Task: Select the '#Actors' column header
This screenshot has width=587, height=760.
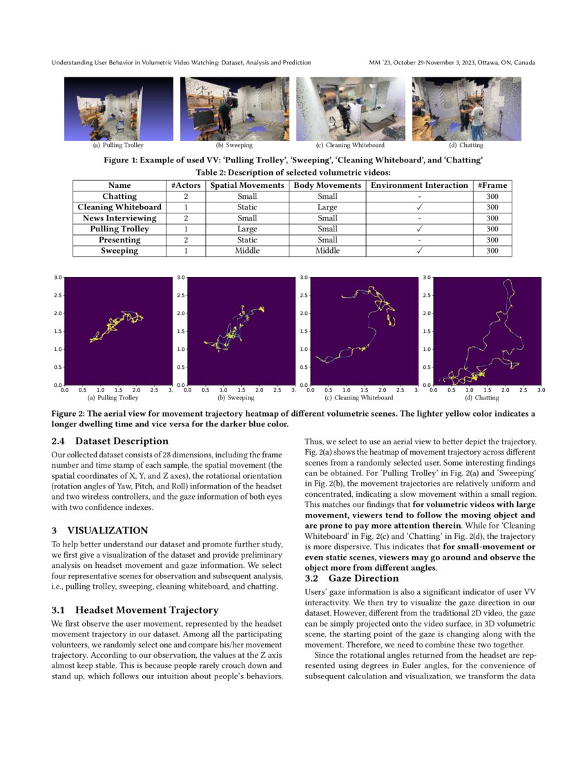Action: tap(186, 185)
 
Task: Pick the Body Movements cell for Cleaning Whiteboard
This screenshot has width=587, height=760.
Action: tap(327, 207)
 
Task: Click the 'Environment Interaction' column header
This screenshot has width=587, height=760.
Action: tap(418, 185)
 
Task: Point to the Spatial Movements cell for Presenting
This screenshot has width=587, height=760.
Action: tap(247, 240)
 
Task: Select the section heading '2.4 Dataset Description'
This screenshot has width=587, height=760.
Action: tap(110, 441)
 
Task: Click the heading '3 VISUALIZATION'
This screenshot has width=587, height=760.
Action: tap(99, 531)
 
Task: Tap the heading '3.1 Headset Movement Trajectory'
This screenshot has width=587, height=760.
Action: tap(135, 610)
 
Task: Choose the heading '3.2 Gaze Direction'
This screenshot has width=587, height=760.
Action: tap(352, 578)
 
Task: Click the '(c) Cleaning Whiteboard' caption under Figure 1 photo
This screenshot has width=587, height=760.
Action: tap(350, 145)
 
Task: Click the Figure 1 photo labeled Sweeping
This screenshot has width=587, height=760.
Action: tap(234, 108)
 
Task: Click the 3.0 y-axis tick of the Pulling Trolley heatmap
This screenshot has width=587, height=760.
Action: tap(57, 277)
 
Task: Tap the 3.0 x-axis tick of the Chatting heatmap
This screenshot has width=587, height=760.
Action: tap(541, 390)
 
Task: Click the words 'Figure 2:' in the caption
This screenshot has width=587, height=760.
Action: tap(69, 413)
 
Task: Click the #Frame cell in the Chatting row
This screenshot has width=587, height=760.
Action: tap(492, 196)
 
